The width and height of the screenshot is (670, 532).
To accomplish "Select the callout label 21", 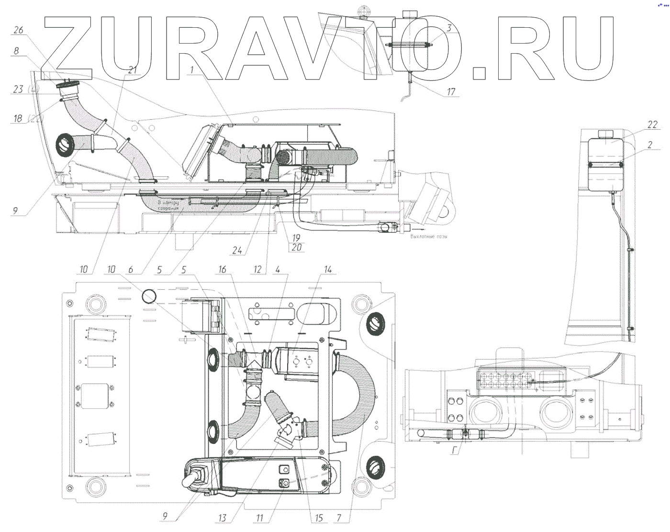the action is click(x=132, y=70).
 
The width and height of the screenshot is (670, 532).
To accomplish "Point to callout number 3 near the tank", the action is click(x=449, y=28).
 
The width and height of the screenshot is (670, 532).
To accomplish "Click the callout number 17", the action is click(x=451, y=91).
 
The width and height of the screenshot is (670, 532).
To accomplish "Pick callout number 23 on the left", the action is click(x=18, y=89).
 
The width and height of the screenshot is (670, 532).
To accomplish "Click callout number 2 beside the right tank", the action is click(x=649, y=145).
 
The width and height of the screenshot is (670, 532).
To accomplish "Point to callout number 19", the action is click(x=296, y=238).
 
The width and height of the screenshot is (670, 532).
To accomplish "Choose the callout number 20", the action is click(x=296, y=248).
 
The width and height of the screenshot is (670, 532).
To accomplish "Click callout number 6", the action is click(x=131, y=270).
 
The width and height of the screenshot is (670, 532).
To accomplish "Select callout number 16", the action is click(x=222, y=270).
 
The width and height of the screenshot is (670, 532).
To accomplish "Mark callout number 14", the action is click(x=328, y=270).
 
